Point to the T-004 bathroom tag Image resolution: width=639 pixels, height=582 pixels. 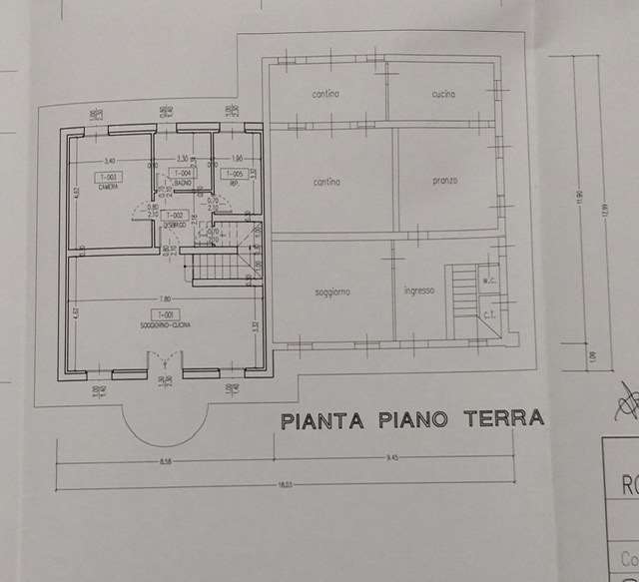[186, 174]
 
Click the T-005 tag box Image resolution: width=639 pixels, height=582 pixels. [233, 174]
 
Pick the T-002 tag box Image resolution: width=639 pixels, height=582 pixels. [175, 215]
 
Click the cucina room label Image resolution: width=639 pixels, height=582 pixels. [444, 94]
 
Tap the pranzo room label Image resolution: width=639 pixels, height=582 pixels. [445, 181]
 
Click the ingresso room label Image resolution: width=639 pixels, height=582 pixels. [417, 291]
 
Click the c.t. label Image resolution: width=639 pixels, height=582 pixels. [490, 316]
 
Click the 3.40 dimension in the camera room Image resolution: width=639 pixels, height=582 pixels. [109, 161]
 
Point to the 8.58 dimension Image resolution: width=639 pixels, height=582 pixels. [166, 460]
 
